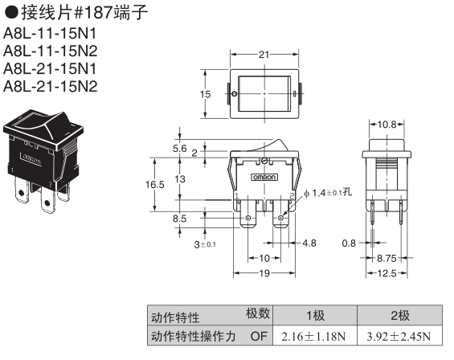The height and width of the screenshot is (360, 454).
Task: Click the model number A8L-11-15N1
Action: [50, 34]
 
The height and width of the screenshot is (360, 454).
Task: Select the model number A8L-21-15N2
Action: [51, 86]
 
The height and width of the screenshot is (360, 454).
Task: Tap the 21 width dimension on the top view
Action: [264, 55]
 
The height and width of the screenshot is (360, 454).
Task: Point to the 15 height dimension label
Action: [205, 94]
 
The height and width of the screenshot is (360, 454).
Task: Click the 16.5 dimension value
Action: [154, 184]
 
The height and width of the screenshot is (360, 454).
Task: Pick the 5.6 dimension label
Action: [180, 149]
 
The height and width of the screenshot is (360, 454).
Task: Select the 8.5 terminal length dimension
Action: [179, 219]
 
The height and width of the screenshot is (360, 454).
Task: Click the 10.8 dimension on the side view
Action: [387, 125]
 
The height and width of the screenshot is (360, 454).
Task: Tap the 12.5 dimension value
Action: [387, 273]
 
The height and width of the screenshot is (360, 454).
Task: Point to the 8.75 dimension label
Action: [387, 258]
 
